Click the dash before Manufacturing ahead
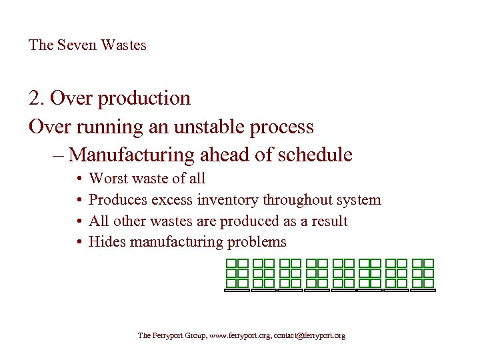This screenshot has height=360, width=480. pos(56,155)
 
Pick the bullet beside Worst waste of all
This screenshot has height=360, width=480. pos(77,179)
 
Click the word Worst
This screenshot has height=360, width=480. pos(109,179)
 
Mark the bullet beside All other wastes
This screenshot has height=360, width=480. pos(77,221)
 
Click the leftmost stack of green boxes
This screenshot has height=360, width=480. pos(237,275)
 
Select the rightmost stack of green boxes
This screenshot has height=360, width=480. pos(423,275)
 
